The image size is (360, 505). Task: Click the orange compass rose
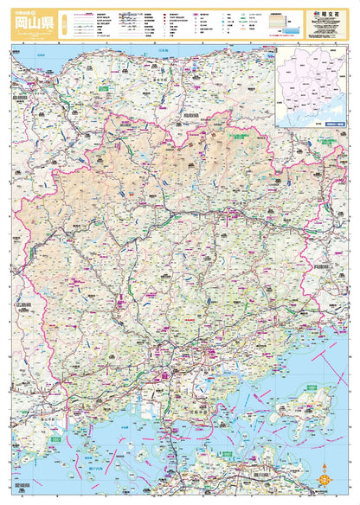(x=325, y=474)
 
